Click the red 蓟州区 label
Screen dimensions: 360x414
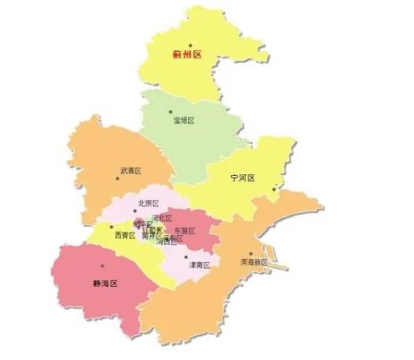[186, 54]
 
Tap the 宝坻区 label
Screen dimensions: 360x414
[184, 120]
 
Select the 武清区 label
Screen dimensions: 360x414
[130, 170]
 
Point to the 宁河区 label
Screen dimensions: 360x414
[243, 178]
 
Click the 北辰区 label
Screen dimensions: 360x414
[148, 203]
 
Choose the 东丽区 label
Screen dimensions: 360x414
[184, 230]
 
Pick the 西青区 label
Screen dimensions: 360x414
[125, 235]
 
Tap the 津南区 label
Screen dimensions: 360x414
[199, 265]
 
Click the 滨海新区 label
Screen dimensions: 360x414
[253, 263]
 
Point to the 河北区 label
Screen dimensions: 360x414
[161, 218]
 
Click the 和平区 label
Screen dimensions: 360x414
[142, 224]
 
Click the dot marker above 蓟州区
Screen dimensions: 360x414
[190, 45]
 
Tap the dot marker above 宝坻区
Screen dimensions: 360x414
[171, 111]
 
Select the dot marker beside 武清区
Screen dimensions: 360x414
[117, 179]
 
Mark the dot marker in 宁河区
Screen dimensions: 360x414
[274, 188]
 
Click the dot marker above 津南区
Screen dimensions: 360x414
[185, 257]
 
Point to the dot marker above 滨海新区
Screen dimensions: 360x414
[250, 254]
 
